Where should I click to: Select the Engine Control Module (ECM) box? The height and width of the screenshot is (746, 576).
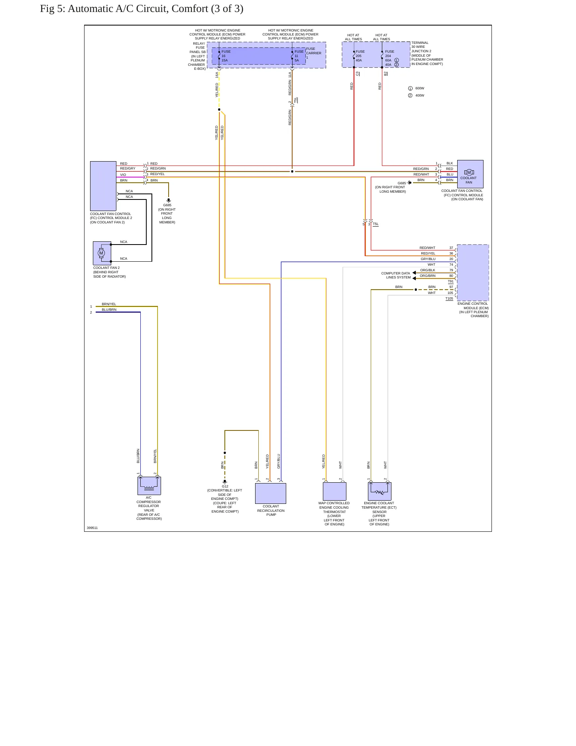pos(473,272)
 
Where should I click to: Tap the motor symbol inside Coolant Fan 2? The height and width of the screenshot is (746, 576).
pos(101,253)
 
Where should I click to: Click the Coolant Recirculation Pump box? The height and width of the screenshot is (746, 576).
pos(271,493)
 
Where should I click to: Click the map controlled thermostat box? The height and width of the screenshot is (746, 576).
pos(334,491)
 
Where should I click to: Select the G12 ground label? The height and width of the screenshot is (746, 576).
pos(225,486)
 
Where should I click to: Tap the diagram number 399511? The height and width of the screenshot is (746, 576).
pos(92,528)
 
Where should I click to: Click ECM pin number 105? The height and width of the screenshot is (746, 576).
pos(450,293)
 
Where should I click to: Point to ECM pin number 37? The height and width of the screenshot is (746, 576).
pos(451,248)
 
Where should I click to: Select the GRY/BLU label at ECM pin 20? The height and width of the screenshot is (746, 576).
pos(428,259)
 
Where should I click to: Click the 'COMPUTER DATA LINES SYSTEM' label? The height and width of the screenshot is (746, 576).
pos(396,275)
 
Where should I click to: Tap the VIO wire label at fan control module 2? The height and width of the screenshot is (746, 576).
pos(123,175)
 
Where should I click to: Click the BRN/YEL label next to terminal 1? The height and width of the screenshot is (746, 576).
pos(109,304)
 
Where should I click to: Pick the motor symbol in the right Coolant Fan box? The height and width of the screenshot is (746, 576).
pos(469,172)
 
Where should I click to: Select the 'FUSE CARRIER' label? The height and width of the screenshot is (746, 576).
pos(314,51)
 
